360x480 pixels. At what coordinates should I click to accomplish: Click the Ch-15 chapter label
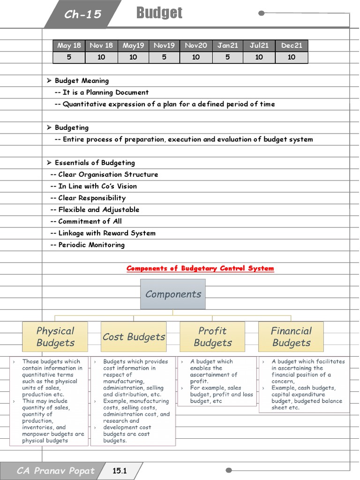[83, 15]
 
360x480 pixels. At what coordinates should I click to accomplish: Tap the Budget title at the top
[159, 13]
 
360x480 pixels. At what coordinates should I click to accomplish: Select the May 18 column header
[69, 45]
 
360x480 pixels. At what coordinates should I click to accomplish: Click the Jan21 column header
[228, 45]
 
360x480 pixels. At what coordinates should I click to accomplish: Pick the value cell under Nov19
[164, 57]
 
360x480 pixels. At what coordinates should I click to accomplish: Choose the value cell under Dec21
[292, 57]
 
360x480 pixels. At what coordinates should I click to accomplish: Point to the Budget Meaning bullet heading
[82, 81]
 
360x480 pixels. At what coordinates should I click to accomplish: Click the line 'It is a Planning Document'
[105, 92]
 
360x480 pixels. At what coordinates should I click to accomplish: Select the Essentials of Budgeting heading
[94, 163]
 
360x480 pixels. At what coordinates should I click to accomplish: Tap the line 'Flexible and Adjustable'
[98, 210]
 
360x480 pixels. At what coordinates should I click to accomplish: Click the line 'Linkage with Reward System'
[106, 233]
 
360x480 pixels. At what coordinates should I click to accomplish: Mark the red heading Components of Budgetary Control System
[200, 268]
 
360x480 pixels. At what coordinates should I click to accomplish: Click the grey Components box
[173, 294]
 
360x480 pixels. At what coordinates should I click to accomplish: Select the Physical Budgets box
[55, 337]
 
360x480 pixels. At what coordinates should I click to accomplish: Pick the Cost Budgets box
[134, 337]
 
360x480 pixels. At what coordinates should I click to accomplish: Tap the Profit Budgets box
[212, 337]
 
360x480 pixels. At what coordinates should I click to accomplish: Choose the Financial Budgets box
[291, 337]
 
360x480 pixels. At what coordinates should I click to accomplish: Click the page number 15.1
[120, 471]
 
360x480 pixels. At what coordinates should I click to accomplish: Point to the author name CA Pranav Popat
[55, 471]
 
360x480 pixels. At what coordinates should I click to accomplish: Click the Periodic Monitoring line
[91, 245]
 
